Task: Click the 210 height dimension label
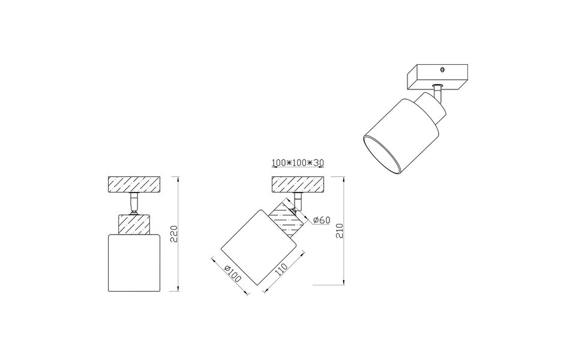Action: point(340,230)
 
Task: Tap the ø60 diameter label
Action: point(322,221)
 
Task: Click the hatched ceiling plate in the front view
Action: point(134,184)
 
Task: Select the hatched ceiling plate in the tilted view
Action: point(298,184)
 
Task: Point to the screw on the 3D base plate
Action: point(442,70)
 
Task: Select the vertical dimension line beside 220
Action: point(180,234)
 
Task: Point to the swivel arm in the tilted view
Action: point(298,203)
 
